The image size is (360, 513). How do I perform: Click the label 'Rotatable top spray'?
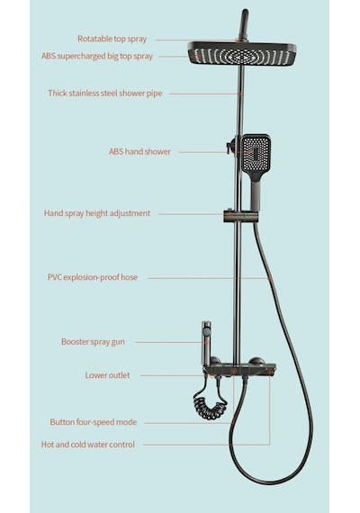112,39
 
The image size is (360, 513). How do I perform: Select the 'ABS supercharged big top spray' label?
97,57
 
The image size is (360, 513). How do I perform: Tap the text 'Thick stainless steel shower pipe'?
105,94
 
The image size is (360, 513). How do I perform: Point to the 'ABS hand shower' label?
139,152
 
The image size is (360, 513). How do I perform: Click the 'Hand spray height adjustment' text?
97,213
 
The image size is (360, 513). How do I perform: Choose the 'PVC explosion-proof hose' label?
93,277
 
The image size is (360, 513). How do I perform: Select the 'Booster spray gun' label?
93,342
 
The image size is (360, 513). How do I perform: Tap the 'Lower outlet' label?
107,375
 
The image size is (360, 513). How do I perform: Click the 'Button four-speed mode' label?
94,422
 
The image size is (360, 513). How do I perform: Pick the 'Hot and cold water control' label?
88,445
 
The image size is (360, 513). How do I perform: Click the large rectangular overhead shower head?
242,54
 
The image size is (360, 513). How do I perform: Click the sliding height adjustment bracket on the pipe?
241,216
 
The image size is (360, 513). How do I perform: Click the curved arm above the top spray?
244,24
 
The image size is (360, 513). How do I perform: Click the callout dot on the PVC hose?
269,278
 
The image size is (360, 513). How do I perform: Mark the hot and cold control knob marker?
270,372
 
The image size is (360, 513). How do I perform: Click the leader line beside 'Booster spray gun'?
171,342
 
